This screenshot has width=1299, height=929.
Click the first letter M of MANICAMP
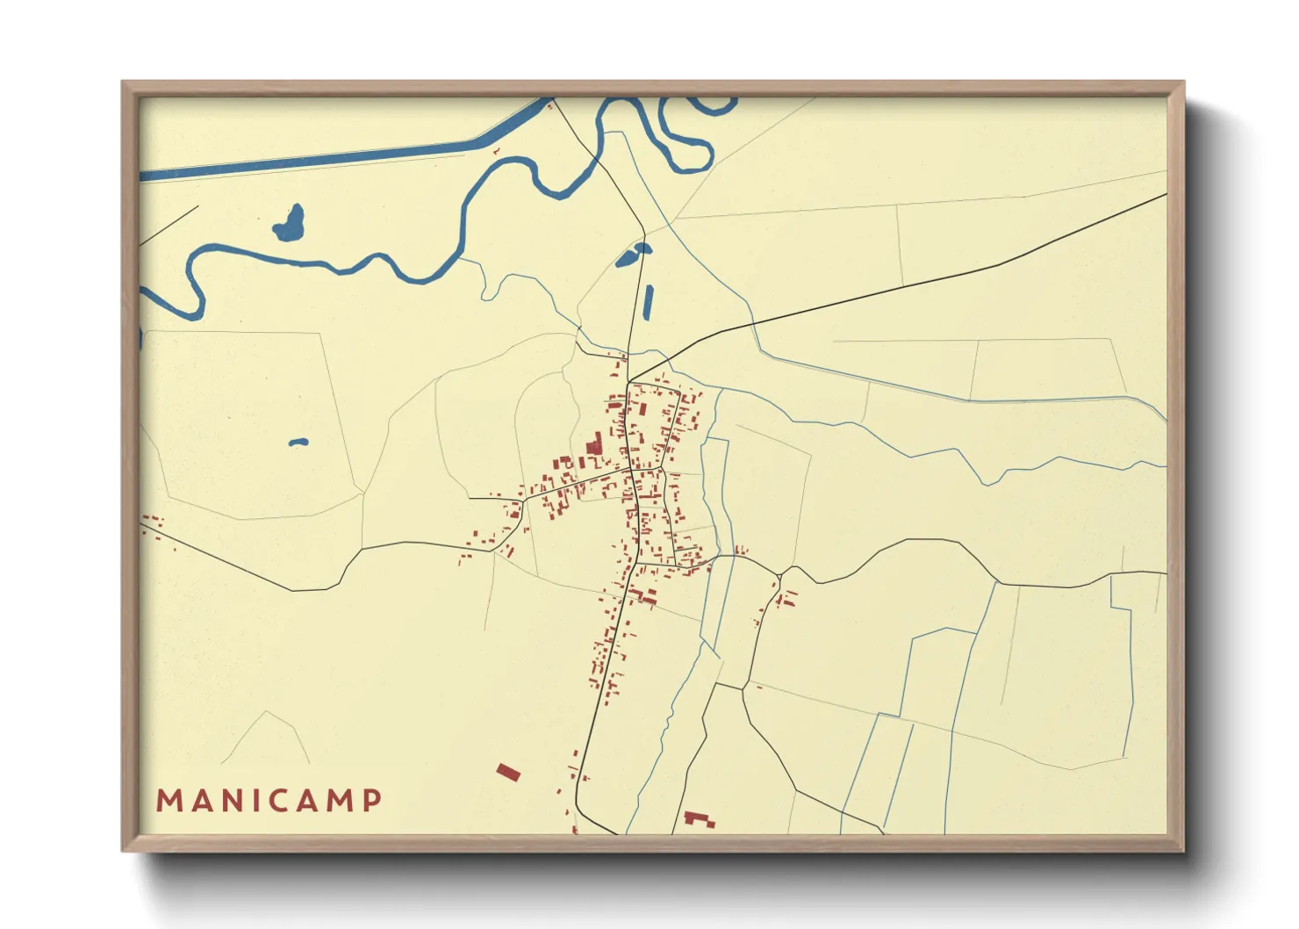click(168, 801)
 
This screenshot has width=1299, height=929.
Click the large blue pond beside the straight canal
click(290, 225)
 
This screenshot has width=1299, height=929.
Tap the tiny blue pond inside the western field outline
click(298, 442)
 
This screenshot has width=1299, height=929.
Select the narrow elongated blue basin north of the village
click(648, 302)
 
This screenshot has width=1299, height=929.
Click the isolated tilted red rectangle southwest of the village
click(508, 773)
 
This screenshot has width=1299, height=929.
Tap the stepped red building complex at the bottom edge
click(700, 819)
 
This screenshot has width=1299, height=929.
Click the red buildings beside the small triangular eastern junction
click(786, 599)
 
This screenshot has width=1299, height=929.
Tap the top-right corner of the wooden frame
click(1183, 82)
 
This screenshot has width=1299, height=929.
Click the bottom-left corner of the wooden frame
click(123, 850)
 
